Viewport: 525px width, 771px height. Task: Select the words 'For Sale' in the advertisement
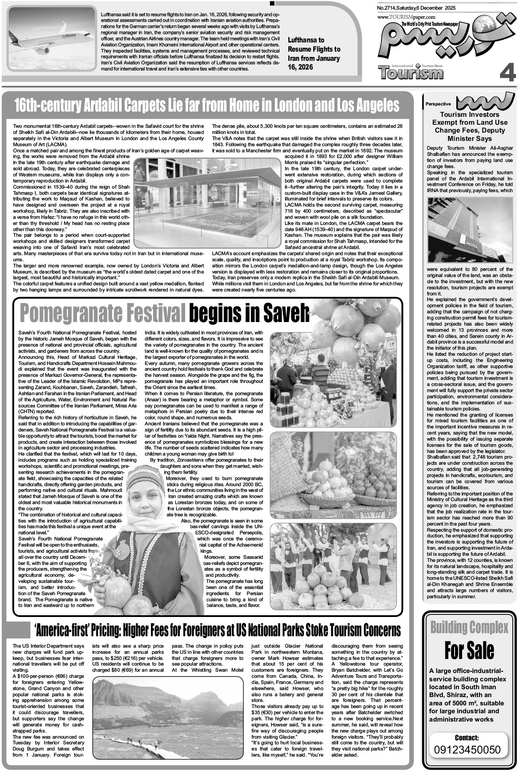469,650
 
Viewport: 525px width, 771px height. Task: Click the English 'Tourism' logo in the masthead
411,72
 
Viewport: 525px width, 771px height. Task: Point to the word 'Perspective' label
437,104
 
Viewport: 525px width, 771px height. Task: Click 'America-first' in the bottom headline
74,630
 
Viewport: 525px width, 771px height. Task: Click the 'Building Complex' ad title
469,628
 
